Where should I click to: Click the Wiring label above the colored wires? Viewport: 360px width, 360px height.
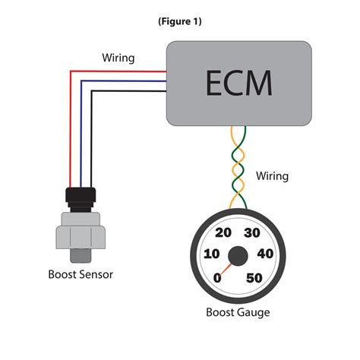[119, 58]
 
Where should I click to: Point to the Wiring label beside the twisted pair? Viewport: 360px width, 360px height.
[271, 176]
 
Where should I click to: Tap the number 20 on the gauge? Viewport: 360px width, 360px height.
[224, 233]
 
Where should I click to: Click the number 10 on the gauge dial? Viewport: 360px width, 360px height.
[213, 254]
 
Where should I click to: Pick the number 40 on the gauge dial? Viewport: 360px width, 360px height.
[266, 254]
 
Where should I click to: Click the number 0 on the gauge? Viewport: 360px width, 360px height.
[219, 278]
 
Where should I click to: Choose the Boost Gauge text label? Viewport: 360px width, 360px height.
[238, 312]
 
